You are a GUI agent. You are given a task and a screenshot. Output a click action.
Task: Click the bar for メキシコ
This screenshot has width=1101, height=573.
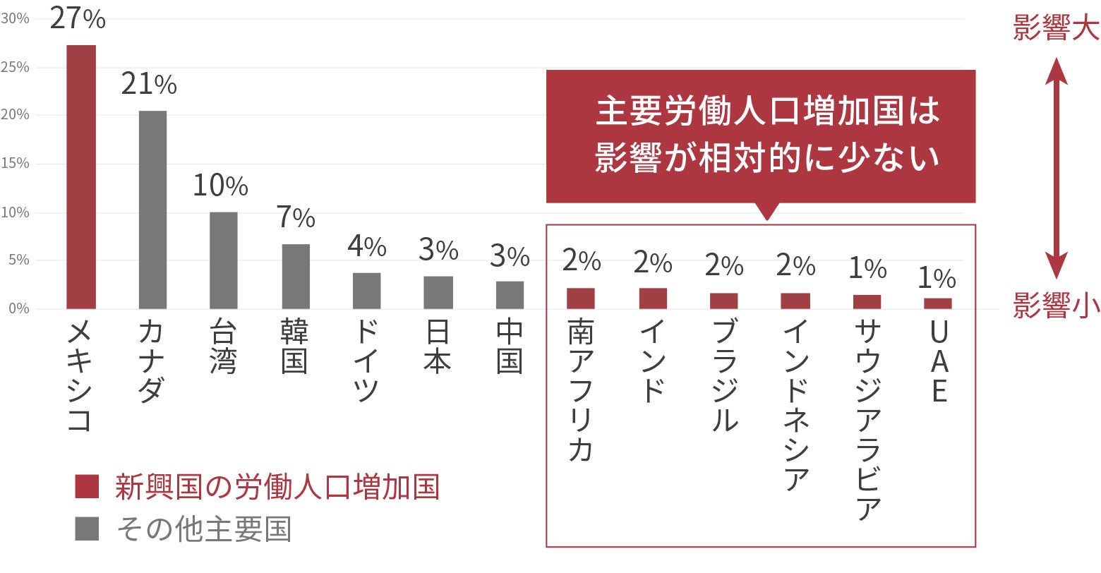point(81,176)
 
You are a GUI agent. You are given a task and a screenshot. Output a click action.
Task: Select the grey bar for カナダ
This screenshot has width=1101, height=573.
point(152,210)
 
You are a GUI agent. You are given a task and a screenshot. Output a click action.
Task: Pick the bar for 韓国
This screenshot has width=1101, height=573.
point(296,276)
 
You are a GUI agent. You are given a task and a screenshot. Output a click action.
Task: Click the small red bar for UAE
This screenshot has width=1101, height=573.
point(938,303)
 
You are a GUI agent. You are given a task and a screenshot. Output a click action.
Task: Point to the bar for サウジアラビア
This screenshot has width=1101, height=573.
point(867,302)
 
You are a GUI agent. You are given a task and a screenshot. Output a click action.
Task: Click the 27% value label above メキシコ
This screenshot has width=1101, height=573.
point(78,18)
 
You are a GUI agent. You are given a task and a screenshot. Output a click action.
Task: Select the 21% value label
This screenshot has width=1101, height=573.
point(149,85)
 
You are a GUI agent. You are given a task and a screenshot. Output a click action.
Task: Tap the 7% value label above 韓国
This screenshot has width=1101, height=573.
point(296,218)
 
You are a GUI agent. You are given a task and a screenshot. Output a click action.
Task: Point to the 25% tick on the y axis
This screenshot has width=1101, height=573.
point(15,67)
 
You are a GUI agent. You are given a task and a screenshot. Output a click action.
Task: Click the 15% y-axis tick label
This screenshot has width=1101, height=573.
point(15,163)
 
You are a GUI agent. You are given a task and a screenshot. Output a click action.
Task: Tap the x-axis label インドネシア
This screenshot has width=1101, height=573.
point(795,405)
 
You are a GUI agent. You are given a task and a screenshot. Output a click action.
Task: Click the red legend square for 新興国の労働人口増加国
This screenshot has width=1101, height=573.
point(87,487)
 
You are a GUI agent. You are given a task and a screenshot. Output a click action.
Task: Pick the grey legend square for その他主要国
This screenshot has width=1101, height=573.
point(87,529)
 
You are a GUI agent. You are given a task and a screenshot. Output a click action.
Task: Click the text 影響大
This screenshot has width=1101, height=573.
point(1055,29)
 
